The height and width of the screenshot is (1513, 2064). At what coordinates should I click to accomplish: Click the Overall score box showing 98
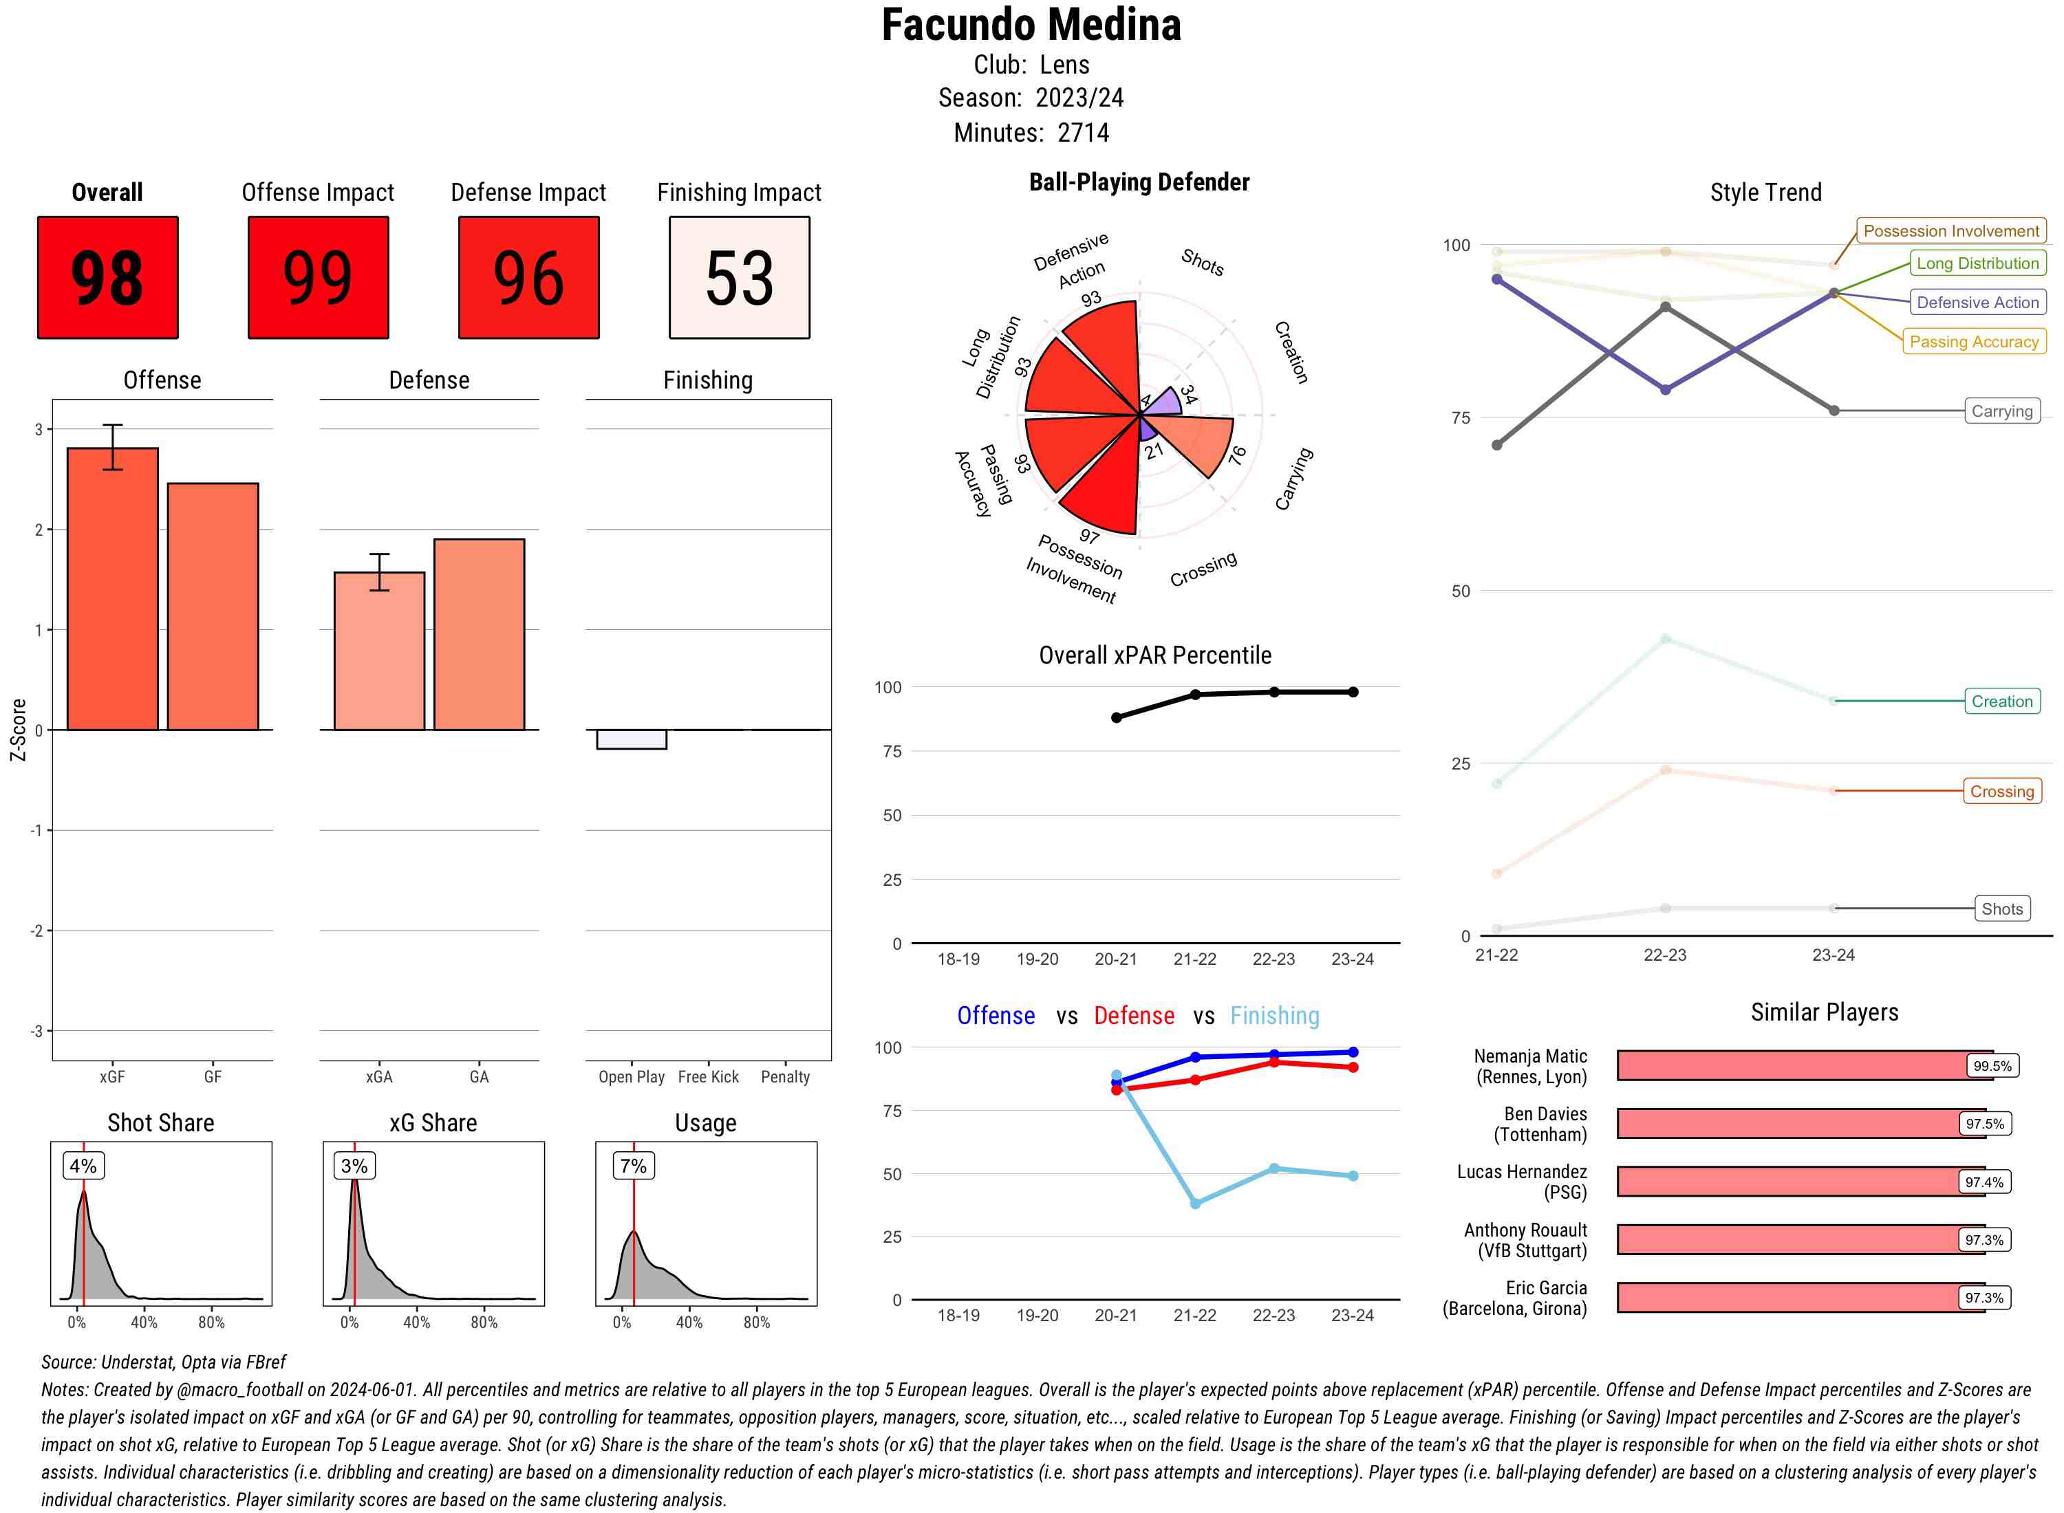coord(107,278)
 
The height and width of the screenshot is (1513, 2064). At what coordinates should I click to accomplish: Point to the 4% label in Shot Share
coord(83,1166)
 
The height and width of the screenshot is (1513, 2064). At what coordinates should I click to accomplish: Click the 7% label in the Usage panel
coord(633,1166)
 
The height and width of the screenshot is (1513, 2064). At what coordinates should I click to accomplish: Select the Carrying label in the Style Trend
coord(2001,411)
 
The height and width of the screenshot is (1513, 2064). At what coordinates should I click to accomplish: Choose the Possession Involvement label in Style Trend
coord(1950,231)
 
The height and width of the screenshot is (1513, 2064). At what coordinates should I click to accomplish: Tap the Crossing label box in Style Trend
coord(2001,792)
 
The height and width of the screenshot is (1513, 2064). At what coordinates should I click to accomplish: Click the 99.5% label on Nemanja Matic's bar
coord(1992,1066)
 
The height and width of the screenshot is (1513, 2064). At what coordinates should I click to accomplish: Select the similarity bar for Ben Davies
coord(1787,1124)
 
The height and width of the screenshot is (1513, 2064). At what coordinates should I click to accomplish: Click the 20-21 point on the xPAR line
coord(1116,718)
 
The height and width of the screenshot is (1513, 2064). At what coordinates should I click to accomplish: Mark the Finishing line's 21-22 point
coord(1194,1204)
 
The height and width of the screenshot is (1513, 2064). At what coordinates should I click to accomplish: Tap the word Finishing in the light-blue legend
coord(1274,1016)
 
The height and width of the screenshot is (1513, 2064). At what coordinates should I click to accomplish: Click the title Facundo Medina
coord(1031,25)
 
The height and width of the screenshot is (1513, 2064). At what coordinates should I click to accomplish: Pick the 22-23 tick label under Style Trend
coord(1664,955)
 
